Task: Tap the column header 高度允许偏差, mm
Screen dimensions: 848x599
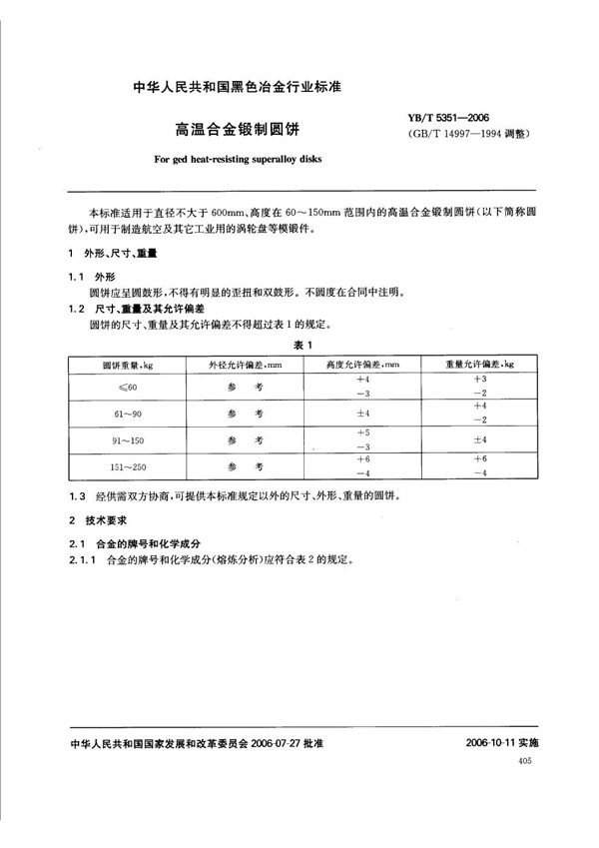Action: tap(362, 366)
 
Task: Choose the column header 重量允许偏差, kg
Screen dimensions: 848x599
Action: tap(482, 366)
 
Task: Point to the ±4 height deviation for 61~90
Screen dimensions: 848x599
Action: tap(362, 412)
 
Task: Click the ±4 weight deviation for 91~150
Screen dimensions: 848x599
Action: tap(482, 438)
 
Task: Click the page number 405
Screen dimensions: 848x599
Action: tap(526, 761)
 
